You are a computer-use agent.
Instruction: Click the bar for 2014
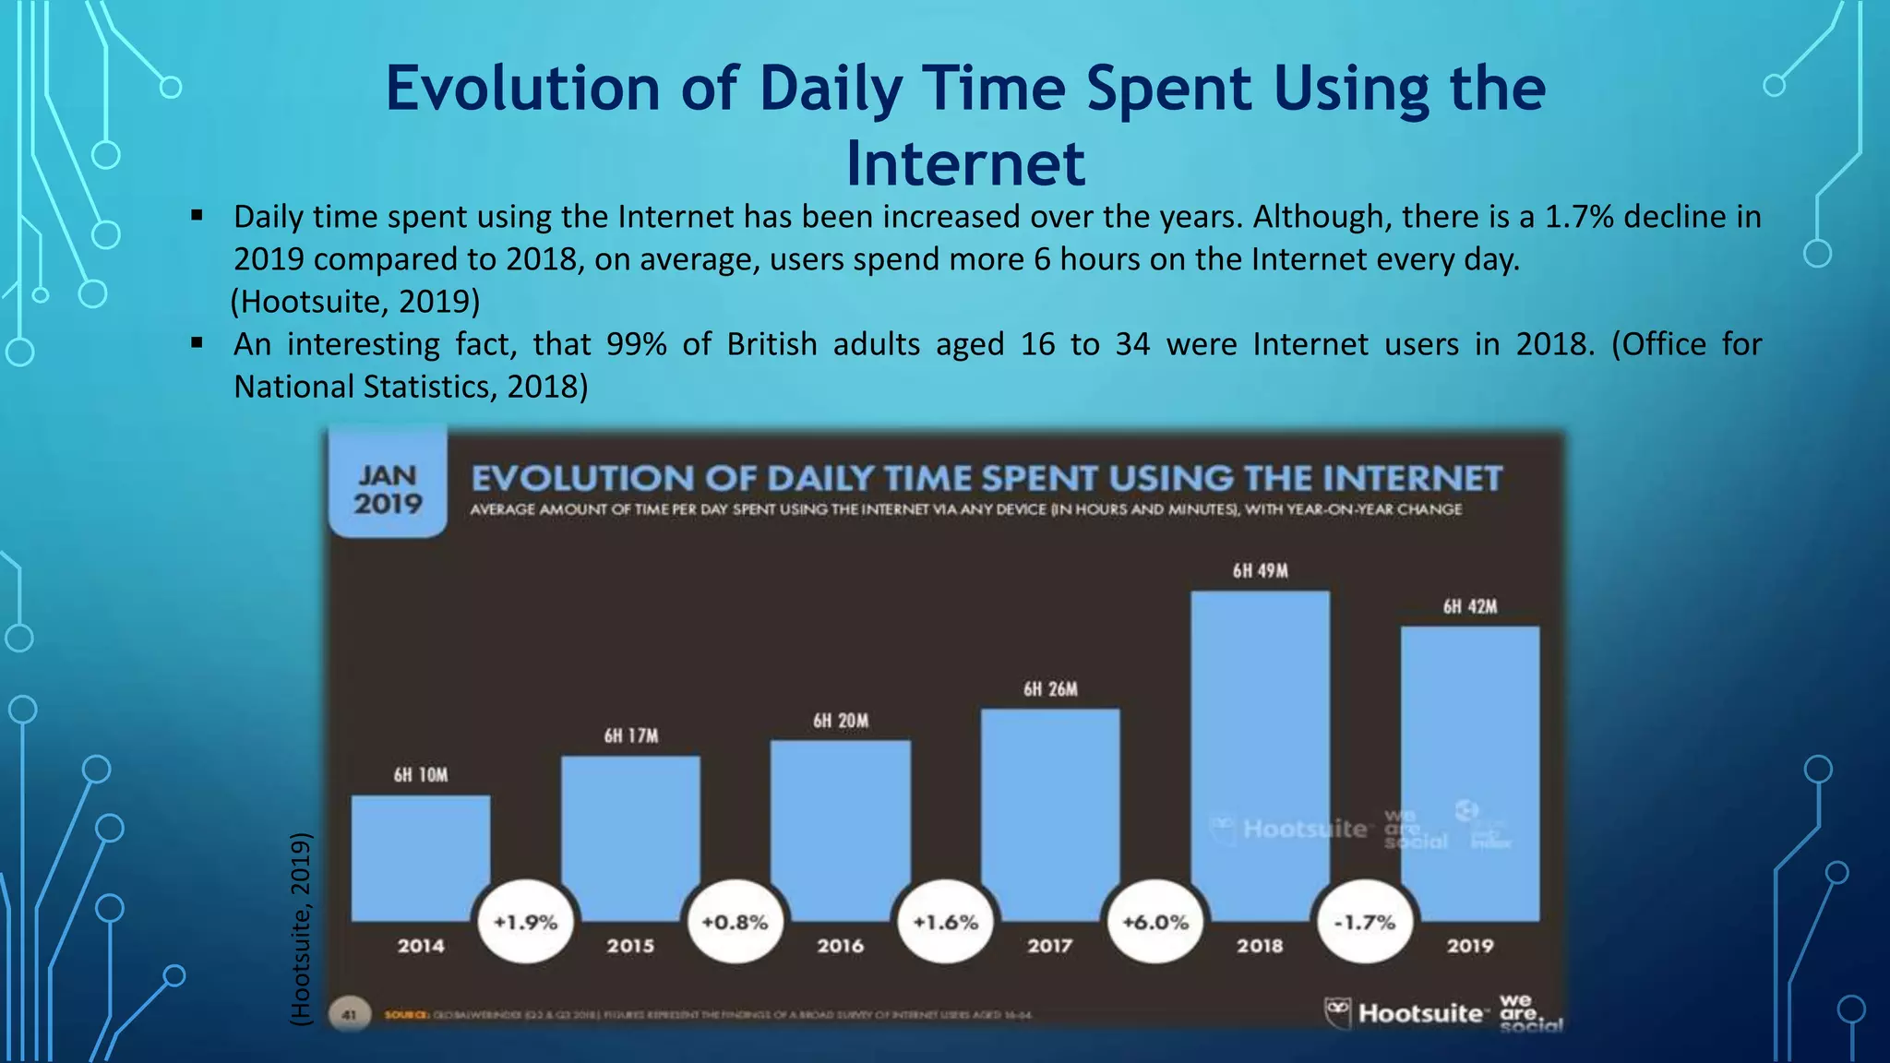point(421,857)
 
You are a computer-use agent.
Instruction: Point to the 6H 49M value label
point(1260,571)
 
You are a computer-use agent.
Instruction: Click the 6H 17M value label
point(631,735)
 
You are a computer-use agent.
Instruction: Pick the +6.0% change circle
point(1155,922)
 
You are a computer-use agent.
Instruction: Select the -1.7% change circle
point(1365,922)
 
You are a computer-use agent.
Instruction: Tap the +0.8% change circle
point(735,922)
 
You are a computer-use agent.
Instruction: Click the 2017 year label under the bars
point(1050,946)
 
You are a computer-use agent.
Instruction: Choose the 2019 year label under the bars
point(1469,946)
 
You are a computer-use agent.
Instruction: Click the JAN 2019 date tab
point(388,489)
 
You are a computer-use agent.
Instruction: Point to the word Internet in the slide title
point(965,163)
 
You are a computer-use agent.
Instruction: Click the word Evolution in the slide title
point(522,89)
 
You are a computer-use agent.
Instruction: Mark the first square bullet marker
point(197,216)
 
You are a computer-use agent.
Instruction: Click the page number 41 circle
point(350,1014)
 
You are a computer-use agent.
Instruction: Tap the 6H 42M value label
point(1469,606)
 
